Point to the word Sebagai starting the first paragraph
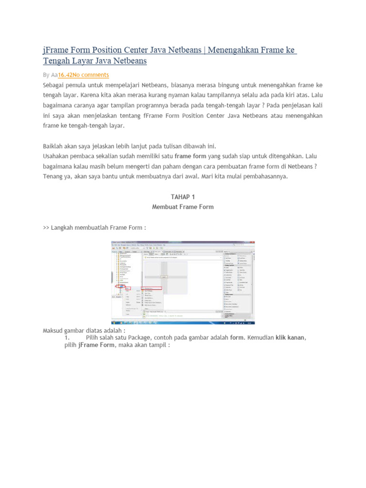pos(55,85)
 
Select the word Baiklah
pos(54,146)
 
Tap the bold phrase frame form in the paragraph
pos(191,156)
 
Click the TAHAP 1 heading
pos(183,197)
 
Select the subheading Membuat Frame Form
pos(183,207)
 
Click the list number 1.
pos(67,337)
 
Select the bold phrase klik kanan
pos(290,337)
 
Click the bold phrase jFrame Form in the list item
pos(96,345)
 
